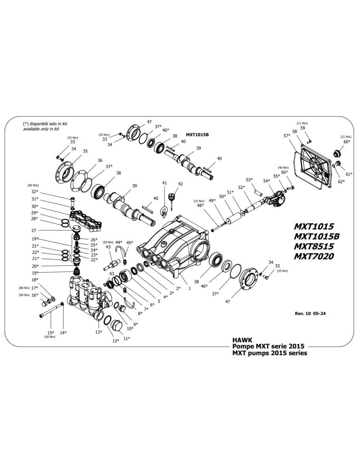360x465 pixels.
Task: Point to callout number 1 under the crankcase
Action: click(189, 289)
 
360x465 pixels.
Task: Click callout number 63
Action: click(112, 273)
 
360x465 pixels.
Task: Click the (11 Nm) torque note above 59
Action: click(302, 123)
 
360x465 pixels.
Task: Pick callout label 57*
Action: click(287, 135)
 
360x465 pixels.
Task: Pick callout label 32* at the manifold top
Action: click(35, 191)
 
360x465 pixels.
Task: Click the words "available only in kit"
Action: click(41, 129)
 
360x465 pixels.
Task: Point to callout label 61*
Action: click(349, 174)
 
